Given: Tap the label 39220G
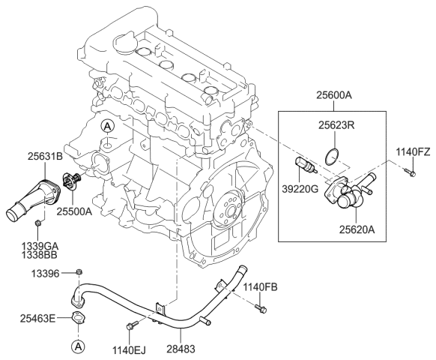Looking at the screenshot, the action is point(300,189).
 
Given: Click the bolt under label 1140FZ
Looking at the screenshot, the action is point(409,172).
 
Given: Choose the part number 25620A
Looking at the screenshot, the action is point(357,229).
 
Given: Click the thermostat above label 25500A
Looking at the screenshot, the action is point(71,181).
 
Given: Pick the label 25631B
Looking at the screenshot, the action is point(46,157).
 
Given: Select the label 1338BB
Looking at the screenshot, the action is point(40,254).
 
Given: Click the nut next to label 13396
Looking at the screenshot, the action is point(79,271).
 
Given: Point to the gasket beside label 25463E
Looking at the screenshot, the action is point(79,318).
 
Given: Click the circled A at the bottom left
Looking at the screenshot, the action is point(78,346).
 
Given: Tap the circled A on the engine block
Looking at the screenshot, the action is point(108,127).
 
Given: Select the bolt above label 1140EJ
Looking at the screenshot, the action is point(132,325).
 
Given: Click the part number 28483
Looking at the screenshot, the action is point(181,349).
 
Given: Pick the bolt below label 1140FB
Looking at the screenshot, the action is point(260,307).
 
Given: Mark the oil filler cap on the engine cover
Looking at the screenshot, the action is point(125,42).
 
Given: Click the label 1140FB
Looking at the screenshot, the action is point(261,287).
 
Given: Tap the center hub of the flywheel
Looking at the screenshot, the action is point(230,209).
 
